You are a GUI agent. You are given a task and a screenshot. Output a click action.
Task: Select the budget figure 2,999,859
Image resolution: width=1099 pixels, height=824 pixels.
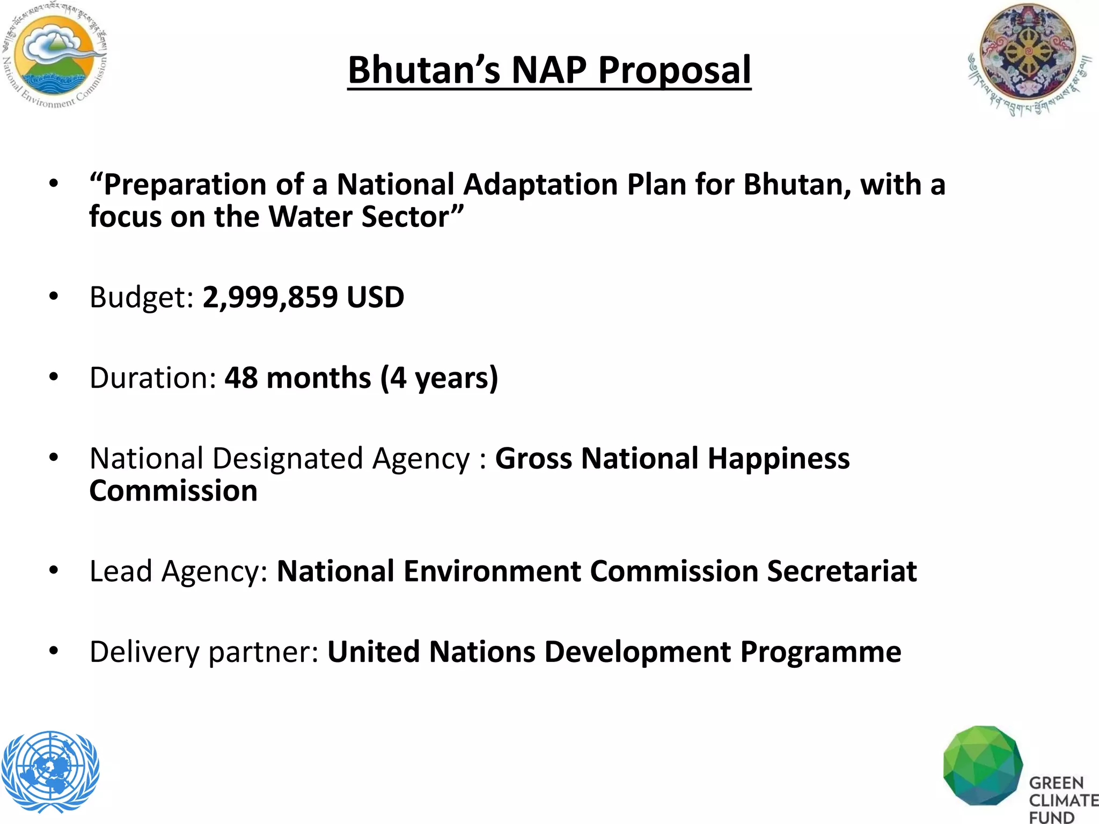pos(270,297)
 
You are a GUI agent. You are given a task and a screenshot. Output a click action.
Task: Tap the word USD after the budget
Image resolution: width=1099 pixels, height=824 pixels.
pos(375,297)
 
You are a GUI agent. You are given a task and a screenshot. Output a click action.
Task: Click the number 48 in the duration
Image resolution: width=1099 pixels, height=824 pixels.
pos(241,378)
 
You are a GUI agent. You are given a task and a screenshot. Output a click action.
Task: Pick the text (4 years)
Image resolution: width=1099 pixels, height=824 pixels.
pos(439,378)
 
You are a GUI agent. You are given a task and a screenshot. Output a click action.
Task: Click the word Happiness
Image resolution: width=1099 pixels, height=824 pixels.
pos(778,459)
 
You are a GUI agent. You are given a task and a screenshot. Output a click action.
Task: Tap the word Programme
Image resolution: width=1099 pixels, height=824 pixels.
pos(820,652)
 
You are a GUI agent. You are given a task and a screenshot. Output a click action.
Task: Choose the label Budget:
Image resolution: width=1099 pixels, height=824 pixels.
pos(141,297)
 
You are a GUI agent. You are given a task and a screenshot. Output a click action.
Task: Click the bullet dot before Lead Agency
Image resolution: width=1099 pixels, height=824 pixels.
pos(53,571)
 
